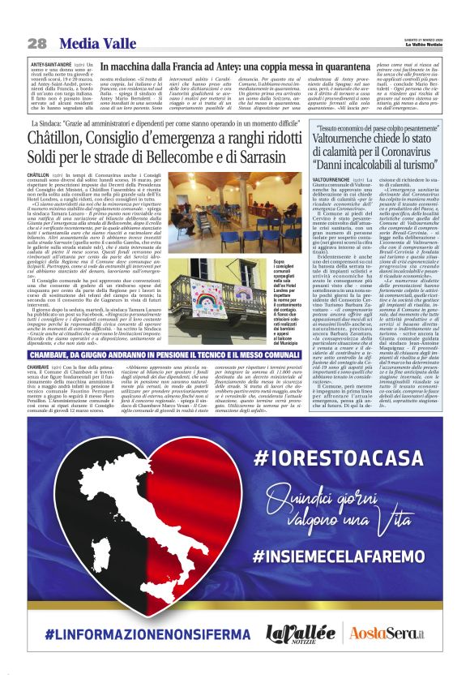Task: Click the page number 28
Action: coord(36,42)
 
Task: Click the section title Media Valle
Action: coord(83,42)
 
